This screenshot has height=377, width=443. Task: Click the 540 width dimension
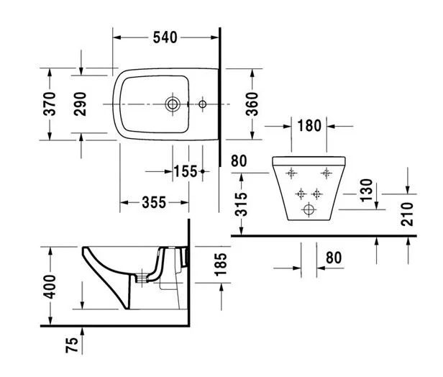(165, 37)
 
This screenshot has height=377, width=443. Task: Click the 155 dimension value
(185, 171)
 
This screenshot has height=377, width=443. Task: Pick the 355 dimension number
(155, 203)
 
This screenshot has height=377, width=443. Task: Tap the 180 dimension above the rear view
(309, 125)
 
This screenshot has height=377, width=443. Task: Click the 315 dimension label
(242, 204)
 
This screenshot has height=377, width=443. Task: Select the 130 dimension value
(367, 192)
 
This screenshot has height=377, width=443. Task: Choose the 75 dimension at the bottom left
(71, 347)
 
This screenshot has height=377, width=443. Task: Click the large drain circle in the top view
(173, 104)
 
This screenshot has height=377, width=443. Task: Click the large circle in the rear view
(310, 209)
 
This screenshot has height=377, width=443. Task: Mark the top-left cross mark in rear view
(291, 173)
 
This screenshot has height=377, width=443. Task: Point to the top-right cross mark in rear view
(327, 173)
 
